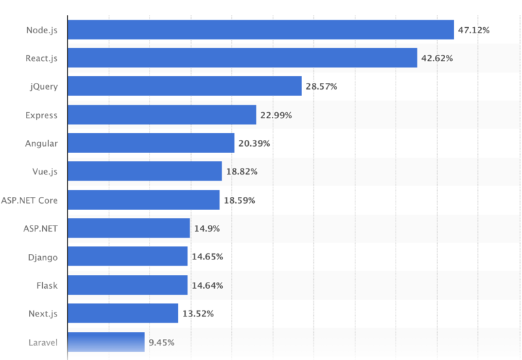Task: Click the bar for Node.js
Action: coord(260,30)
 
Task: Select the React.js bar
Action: coord(242,58)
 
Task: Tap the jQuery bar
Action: coord(184,86)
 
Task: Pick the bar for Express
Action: coord(162,115)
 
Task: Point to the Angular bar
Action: coord(151,143)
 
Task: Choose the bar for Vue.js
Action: coord(145,171)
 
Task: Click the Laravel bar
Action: coord(106,342)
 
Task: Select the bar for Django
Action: coord(127,257)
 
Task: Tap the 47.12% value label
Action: coord(474,30)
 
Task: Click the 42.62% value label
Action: coord(437,58)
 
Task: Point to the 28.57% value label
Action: coord(321,87)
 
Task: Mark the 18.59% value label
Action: coord(239,200)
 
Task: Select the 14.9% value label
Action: coord(206,229)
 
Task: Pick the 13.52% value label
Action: coord(198,314)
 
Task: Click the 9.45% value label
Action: coord(162,342)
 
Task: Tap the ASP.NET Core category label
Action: coord(29,200)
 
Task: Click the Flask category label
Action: coord(47,285)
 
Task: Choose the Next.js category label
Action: coord(43,314)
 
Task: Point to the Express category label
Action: coord(41,115)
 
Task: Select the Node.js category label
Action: coord(41,30)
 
